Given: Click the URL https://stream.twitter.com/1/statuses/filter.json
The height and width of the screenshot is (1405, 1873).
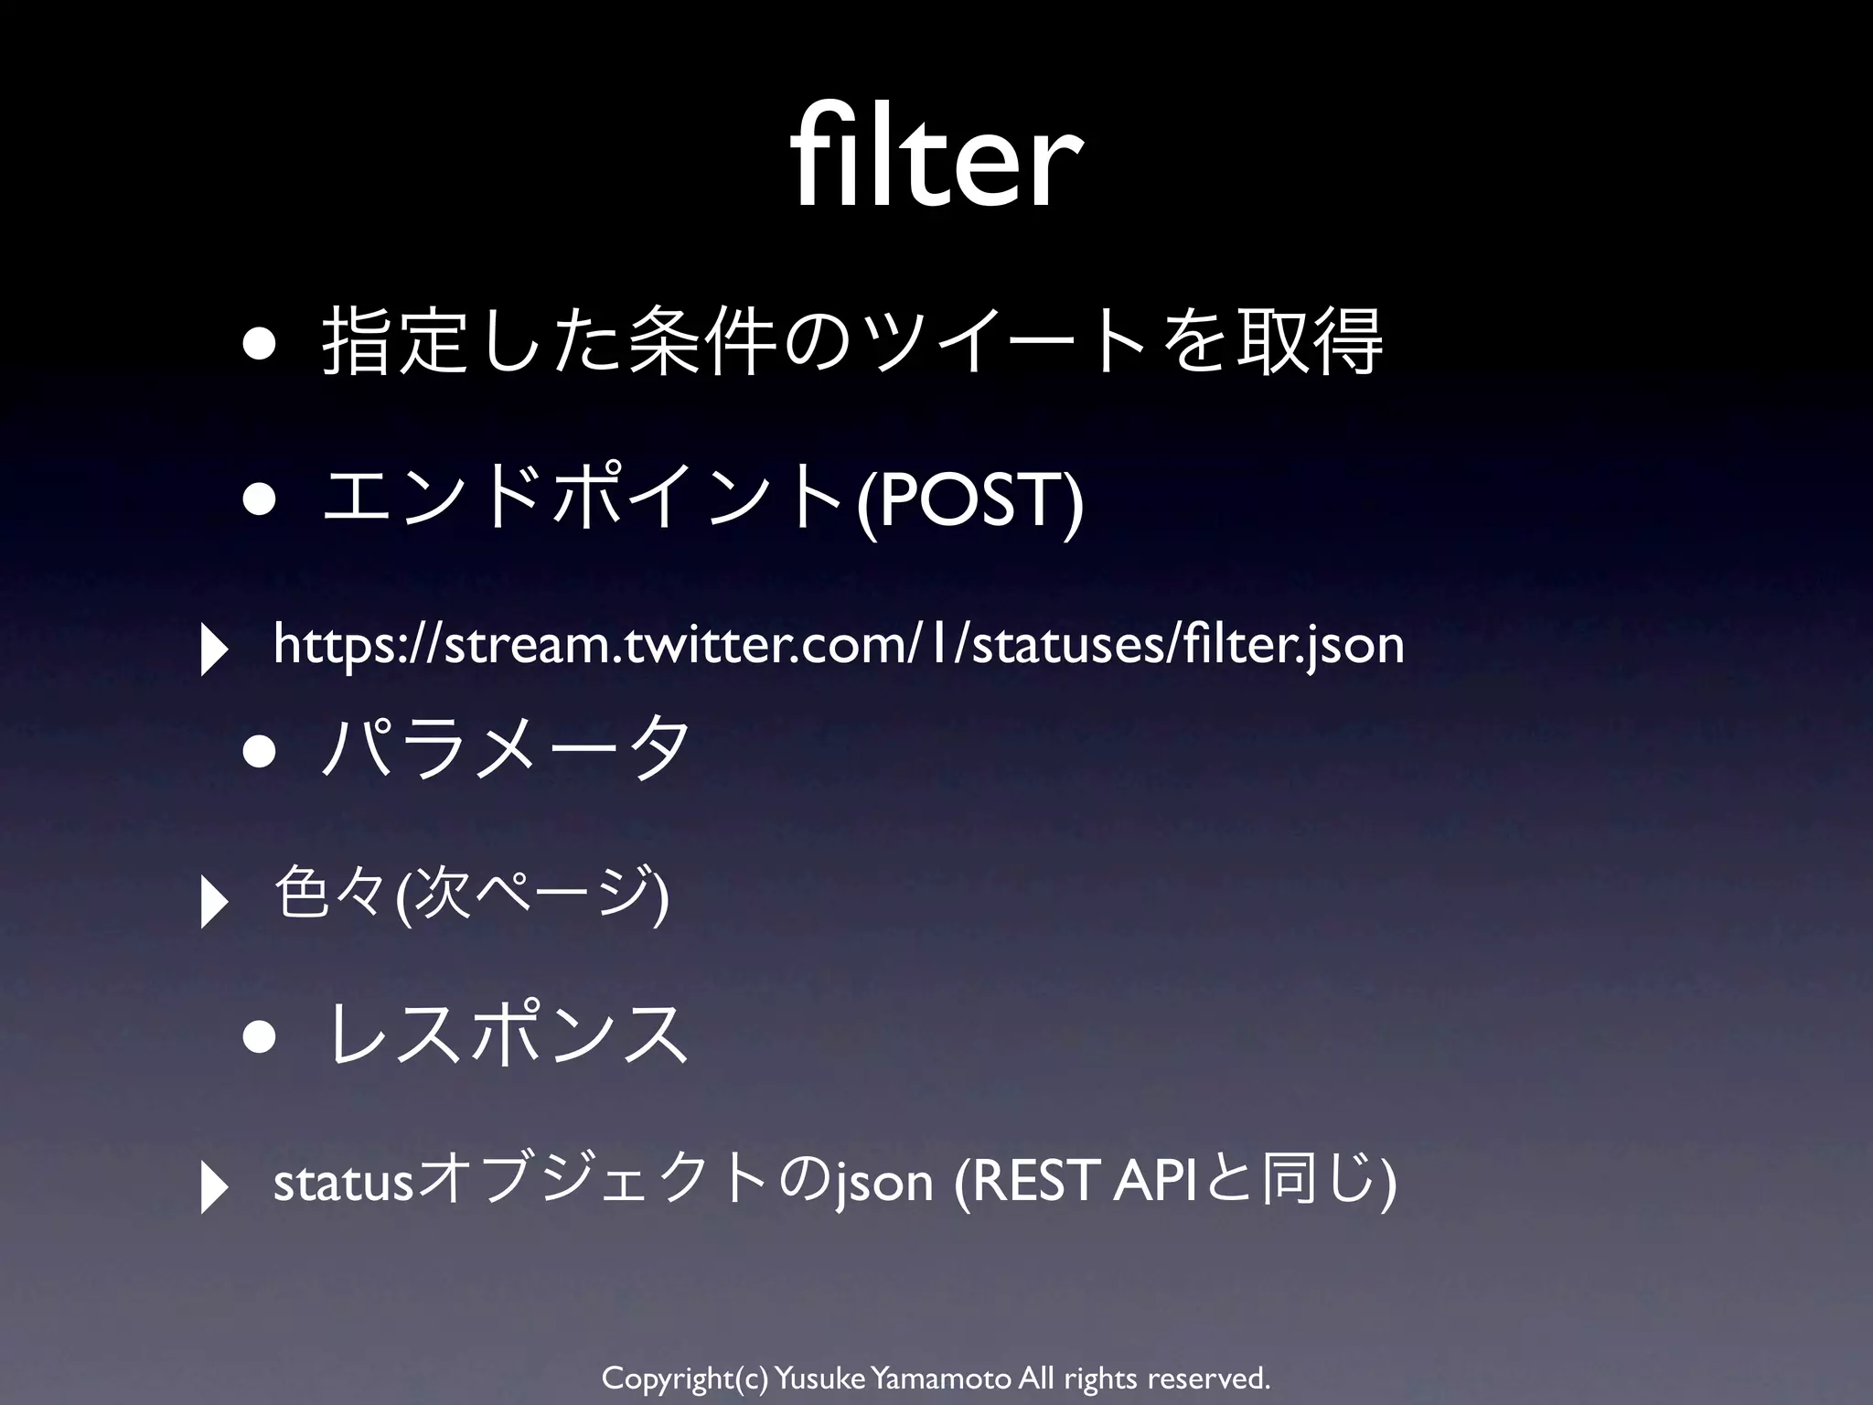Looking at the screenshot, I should [838, 644].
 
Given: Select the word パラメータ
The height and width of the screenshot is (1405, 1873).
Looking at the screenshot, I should [507, 749].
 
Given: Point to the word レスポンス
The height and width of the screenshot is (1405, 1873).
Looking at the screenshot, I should [507, 1034].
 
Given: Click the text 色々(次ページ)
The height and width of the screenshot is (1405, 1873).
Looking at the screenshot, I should [472, 895].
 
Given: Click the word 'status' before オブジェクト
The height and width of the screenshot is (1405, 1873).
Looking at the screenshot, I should [344, 1182].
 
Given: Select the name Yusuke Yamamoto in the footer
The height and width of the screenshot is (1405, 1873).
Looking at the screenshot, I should [893, 1377].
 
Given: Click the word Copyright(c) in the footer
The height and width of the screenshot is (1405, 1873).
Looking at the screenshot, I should [684, 1377].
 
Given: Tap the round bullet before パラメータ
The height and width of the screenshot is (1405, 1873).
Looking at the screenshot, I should [259, 752].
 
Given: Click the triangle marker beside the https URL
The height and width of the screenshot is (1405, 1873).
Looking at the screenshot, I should [214, 649].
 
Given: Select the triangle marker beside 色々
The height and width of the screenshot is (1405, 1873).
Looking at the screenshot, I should [214, 902].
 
